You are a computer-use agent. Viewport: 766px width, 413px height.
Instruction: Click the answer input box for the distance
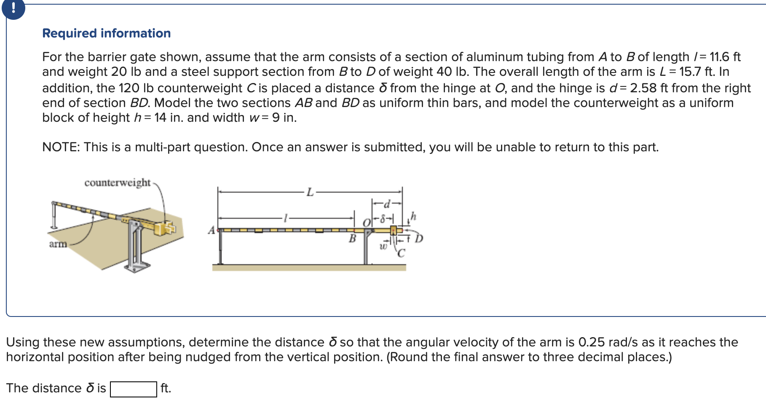point(133,389)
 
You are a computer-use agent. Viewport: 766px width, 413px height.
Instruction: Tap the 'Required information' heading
point(107,33)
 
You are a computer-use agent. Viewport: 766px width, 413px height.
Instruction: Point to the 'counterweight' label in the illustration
point(117,182)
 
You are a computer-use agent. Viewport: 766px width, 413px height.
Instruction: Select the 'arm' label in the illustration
point(58,244)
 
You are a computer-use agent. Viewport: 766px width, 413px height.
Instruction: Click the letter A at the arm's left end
point(212,230)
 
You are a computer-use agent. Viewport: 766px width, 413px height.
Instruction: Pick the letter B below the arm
point(352,239)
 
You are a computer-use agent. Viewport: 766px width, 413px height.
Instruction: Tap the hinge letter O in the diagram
point(367,222)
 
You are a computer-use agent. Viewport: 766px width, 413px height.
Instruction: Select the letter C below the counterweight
point(401,253)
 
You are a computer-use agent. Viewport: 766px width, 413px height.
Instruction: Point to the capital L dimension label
point(310,193)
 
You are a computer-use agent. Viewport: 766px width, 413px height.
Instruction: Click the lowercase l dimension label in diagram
point(286,218)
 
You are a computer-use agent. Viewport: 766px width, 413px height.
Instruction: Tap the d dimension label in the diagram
point(387,204)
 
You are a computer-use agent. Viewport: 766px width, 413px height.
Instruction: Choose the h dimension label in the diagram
point(413,216)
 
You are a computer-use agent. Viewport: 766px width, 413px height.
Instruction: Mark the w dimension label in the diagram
point(383,246)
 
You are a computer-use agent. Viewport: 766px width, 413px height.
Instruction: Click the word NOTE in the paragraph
point(61,147)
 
